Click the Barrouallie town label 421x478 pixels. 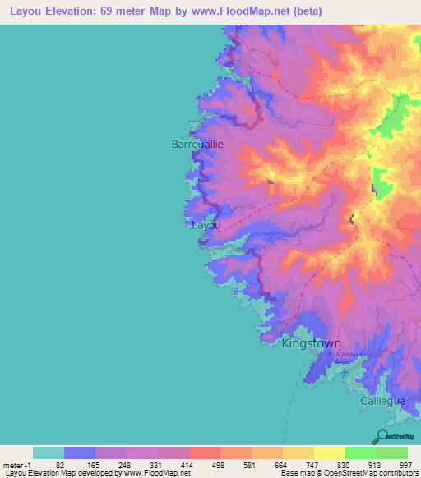(x=197, y=144)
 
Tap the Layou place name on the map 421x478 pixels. (x=206, y=223)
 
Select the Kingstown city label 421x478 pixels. (x=311, y=344)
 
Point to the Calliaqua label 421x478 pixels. (x=384, y=400)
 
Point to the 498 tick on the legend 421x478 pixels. (x=218, y=465)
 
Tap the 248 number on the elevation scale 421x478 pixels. (x=125, y=465)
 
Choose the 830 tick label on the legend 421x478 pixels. (x=342, y=465)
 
